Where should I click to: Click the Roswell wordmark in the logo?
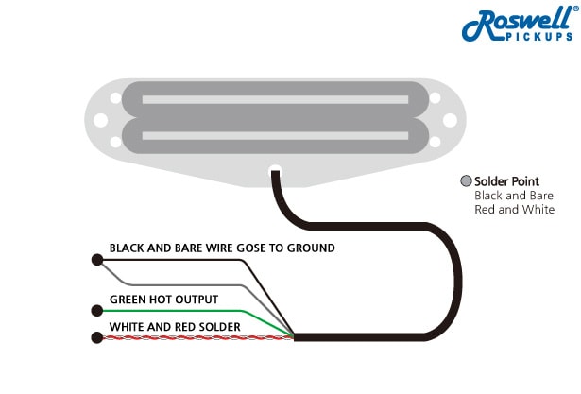pyautogui.click(x=516, y=23)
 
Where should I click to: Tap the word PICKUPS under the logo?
pyautogui.click(x=536, y=37)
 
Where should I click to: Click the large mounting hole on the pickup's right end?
pyautogui.click(x=452, y=119)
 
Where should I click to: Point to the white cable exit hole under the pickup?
pyautogui.click(x=275, y=172)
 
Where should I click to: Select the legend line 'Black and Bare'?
pyautogui.click(x=514, y=196)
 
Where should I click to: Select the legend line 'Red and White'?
pyautogui.click(x=514, y=210)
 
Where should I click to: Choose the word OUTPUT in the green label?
pyautogui.click(x=194, y=300)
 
